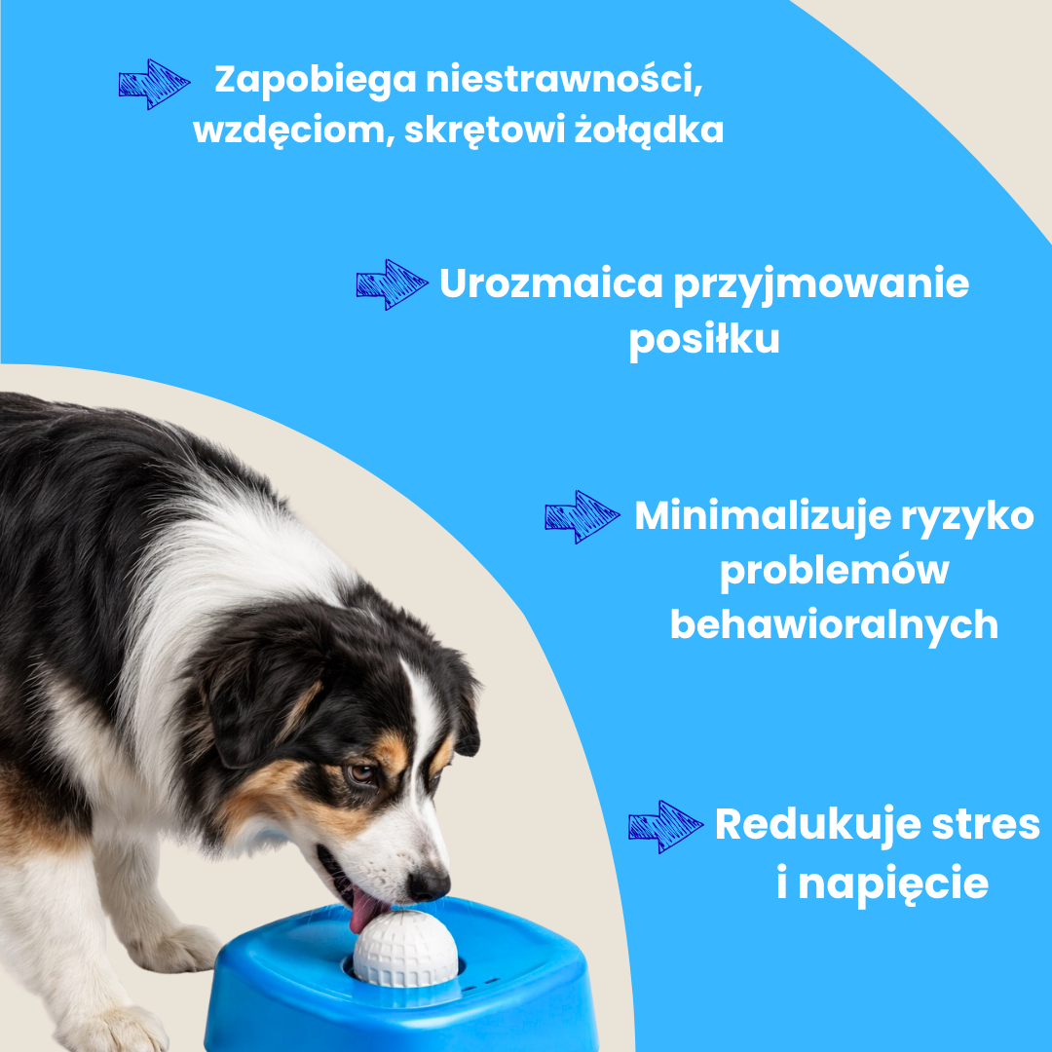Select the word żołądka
point(649,130)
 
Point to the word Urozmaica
point(550,283)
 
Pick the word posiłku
point(704,340)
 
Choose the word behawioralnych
point(834,626)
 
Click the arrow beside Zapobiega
point(154,84)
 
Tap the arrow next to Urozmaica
point(392,284)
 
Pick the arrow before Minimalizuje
point(582,516)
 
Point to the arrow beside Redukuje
point(665,827)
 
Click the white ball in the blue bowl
point(405,948)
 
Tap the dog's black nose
point(428,884)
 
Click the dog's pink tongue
point(365,909)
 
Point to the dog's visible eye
point(361,773)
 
